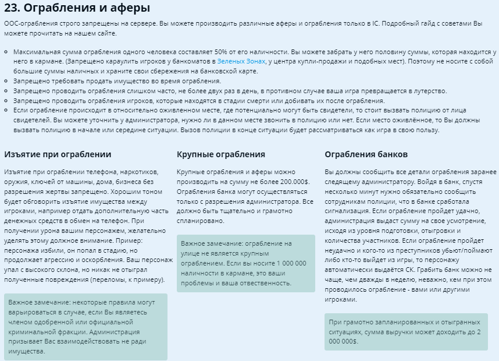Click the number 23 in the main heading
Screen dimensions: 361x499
12,8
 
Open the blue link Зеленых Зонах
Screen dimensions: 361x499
241,61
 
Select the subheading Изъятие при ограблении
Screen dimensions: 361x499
58,154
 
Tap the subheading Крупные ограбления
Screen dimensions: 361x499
220,154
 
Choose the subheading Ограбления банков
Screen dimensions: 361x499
366,154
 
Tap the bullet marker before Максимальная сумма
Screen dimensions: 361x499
6,52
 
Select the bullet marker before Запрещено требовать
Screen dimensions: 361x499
6,81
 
